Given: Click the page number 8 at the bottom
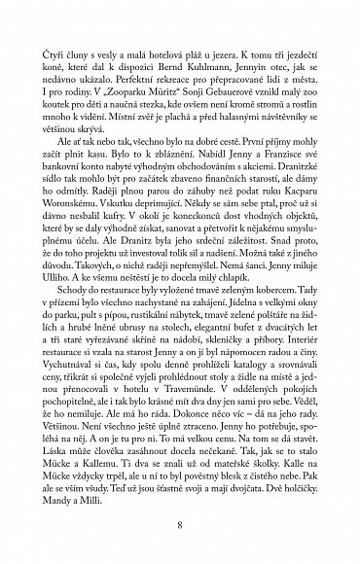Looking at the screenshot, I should tap(180, 524).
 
